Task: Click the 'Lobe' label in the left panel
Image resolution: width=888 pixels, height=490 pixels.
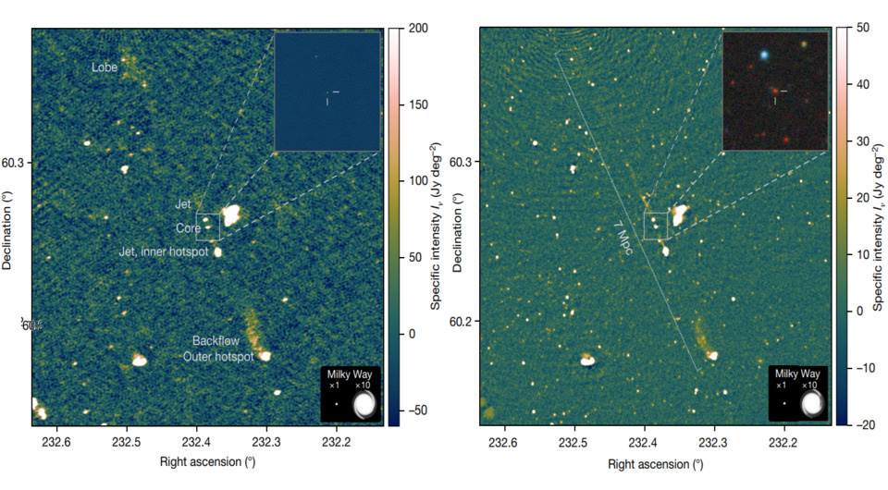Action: click(x=105, y=67)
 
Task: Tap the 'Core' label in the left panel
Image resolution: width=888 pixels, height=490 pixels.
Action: click(x=188, y=227)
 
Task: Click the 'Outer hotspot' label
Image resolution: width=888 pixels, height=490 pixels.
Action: click(x=218, y=357)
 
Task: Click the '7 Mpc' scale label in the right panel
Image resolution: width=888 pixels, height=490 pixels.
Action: click(x=621, y=242)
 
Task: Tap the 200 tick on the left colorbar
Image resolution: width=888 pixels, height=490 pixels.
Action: click(x=415, y=29)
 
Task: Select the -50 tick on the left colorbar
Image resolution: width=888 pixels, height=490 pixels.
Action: click(x=415, y=409)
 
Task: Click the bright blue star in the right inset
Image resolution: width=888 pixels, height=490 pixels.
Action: click(x=764, y=55)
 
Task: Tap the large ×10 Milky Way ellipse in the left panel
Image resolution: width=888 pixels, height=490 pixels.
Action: click(x=365, y=403)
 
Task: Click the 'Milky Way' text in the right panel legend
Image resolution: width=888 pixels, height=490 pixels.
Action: click(x=796, y=373)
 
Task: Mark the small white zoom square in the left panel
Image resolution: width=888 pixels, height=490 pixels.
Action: click(x=207, y=225)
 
